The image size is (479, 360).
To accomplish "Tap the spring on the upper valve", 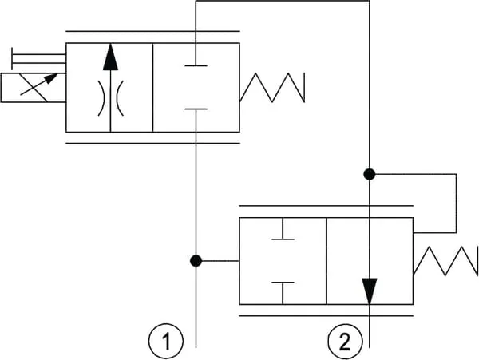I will tap(272, 87).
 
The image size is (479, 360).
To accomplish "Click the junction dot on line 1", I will tap(196, 260).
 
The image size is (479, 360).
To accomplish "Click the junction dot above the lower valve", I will tap(370, 173).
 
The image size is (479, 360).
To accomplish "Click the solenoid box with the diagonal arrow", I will tap(33, 87).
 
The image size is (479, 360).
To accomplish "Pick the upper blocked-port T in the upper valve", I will tap(196, 64).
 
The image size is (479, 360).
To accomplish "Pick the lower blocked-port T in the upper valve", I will tap(196, 110).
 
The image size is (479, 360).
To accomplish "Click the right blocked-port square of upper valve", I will tap(196, 87).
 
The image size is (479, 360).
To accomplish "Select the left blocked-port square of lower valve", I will tap(283, 261).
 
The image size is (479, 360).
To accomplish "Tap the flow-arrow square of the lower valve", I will tap(370, 261).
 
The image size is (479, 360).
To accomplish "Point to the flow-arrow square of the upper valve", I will tap(109, 87).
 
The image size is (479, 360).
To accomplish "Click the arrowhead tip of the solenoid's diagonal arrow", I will tap(57, 77).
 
